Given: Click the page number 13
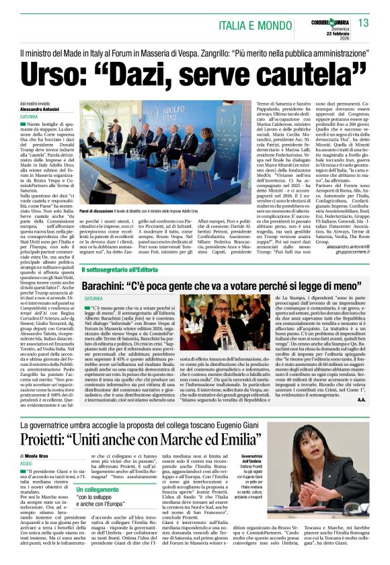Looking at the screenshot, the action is (x=364, y=24).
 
